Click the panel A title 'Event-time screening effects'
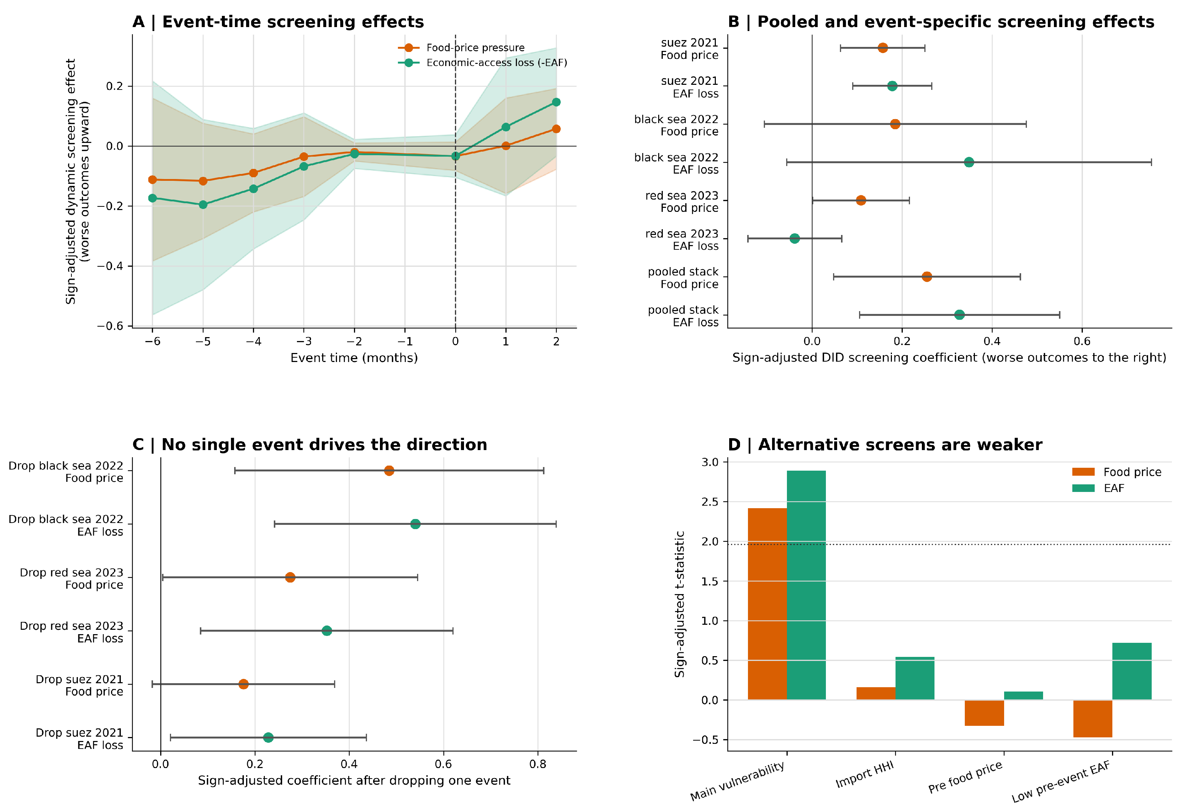click(x=293, y=22)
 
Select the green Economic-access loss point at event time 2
click(x=556, y=102)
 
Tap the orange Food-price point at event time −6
click(x=153, y=180)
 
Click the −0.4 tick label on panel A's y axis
click(x=110, y=266)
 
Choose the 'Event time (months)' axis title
click(x=354, y=358)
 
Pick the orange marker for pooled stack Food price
click(x=927, y=277)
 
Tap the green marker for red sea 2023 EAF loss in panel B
click(x=794, y=239)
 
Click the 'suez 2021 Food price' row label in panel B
click(x=689, y=49)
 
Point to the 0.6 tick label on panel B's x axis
click(x=1082, y=341)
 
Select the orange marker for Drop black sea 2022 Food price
click(x=389, y=471)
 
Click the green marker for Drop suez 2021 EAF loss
click(x=268, y=737)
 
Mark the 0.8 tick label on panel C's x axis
click(x=538, y=764)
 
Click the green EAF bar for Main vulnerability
click(x=806, y=585)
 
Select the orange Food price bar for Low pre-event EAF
click(x=1093, y=718)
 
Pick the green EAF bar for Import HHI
click(x=915, y=678)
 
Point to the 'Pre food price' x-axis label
click(x=965, y=777)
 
